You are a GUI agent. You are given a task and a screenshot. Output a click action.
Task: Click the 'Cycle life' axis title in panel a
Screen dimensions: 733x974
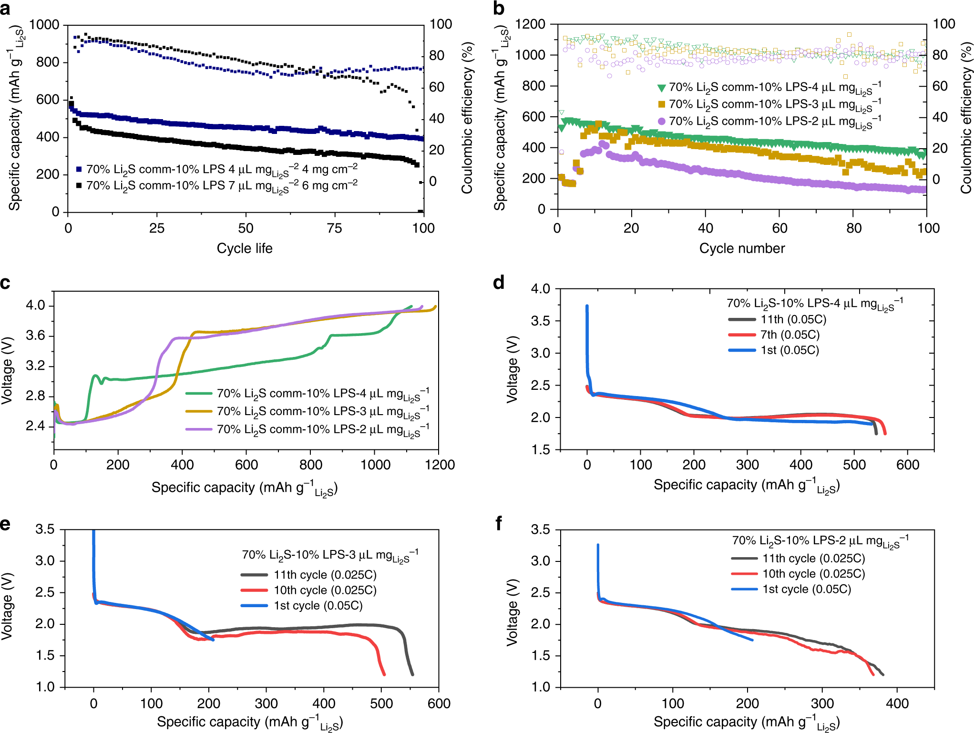click(245, 248)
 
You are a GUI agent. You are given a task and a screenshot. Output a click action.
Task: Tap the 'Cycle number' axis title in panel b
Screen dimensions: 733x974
click(742, 248)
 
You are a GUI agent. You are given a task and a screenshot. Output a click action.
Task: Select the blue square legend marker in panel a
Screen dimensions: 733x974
click(79, 169)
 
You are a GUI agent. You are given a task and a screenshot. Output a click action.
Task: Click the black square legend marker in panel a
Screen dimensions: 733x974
click(79, 185)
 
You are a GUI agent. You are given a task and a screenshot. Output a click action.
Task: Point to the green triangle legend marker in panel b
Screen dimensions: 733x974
click(661, 88)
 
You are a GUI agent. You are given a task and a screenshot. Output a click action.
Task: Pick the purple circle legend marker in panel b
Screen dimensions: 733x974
click(661, 121)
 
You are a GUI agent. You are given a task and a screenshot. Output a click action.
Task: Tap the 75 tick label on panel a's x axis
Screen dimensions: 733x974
click(334, 228)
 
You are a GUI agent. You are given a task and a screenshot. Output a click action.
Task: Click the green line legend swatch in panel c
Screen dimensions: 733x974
click(198, 394)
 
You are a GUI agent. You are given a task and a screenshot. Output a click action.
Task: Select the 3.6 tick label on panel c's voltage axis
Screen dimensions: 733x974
click(35, 336)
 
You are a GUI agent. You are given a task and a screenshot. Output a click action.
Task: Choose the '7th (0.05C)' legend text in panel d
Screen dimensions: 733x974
click(790, 335)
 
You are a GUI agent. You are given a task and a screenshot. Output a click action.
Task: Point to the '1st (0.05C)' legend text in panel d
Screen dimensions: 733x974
click(789, 350)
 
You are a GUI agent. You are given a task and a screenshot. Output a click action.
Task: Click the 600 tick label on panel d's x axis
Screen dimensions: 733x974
click(907, 465)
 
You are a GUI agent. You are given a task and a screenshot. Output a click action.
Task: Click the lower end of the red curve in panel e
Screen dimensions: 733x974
click(384, 674)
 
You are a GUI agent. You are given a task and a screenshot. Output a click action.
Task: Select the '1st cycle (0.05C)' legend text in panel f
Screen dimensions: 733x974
click(807, 589)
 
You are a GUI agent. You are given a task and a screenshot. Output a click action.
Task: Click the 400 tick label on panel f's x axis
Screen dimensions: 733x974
click(897, 703)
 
